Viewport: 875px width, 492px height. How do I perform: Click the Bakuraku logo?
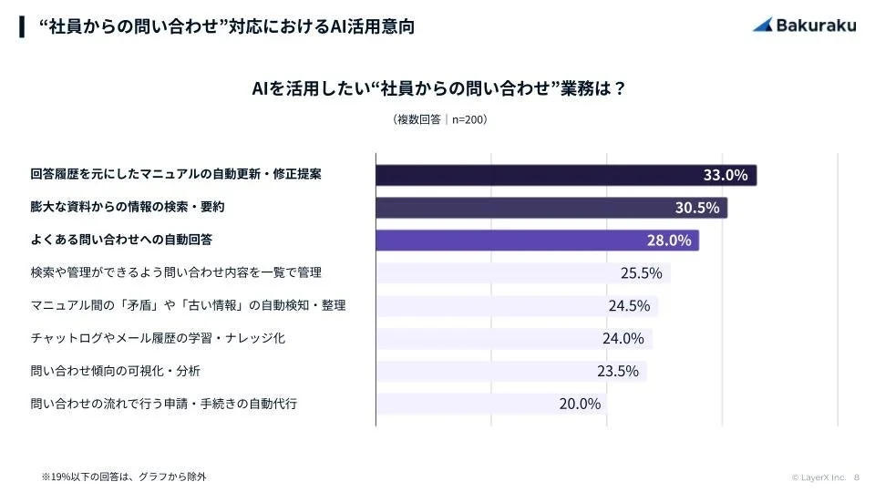pyautogui.click(x=804, y=25)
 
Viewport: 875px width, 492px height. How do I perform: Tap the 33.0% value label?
pyautogui.click(x=726, y=175)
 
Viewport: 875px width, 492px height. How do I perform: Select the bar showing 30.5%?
pyautogui.click(x=551, y=208)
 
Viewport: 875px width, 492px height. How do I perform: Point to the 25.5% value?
pyautogui.click(x=641, y=272)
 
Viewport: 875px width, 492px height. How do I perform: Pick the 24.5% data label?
pyautogui.click(x=629, y=305)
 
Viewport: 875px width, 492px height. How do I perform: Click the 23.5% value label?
pyautogui.click(x=617, y=371)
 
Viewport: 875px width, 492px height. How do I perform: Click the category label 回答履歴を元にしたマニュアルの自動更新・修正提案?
pyautogui.click(x=175, y=173)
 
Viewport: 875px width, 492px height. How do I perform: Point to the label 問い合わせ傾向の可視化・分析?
pyautogui.click(x=115, y=371)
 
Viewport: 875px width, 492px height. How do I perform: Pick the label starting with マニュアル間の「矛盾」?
pyautogui.click(x=188, y=305)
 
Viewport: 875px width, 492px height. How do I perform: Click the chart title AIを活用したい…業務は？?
pyautogui.click(x=437, y=89)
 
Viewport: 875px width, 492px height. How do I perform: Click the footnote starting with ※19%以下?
pyautogui.click(x=124, y=476)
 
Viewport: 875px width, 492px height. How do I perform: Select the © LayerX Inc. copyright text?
pyautogui.click(x=819, y=477)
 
